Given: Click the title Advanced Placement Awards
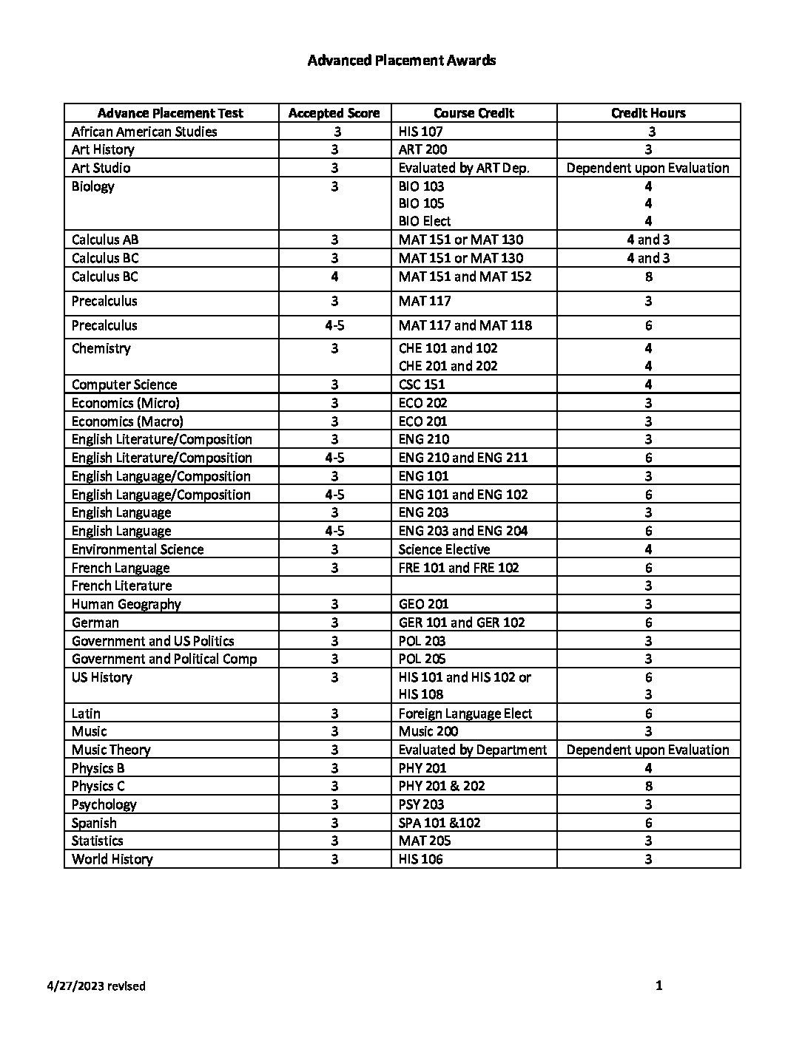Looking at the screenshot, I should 401,61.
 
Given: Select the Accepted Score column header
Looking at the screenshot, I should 334,113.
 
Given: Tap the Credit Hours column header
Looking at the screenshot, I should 648,113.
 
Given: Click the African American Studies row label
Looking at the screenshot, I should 144,132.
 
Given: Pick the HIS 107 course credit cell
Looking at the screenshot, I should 420,132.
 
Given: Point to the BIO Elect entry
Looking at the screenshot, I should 424,221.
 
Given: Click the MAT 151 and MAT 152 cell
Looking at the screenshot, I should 465,277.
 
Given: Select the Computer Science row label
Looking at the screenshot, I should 124,384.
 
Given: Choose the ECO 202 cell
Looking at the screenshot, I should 422,403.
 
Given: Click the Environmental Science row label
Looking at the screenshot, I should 138,549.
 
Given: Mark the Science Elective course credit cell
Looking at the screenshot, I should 444,549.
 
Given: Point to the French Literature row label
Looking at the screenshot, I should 121,586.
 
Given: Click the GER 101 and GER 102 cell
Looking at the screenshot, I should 461,623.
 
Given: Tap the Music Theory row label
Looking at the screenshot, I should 111,750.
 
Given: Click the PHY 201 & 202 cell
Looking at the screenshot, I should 442,786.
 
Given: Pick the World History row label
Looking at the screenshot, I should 112,859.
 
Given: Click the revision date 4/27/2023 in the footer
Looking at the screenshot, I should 95,986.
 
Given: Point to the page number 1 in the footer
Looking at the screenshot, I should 659,986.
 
